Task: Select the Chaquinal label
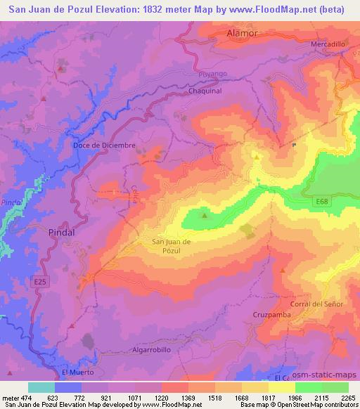click(x=205, y=91)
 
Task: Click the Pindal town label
click(x=62, y=231)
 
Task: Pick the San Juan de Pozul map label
click(x=172, y=246)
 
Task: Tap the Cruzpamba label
click(x=271, y=315)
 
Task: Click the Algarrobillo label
click(x=151, y=348)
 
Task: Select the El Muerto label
click(x=77, y=372)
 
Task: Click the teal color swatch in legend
click(x=41, y=387)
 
